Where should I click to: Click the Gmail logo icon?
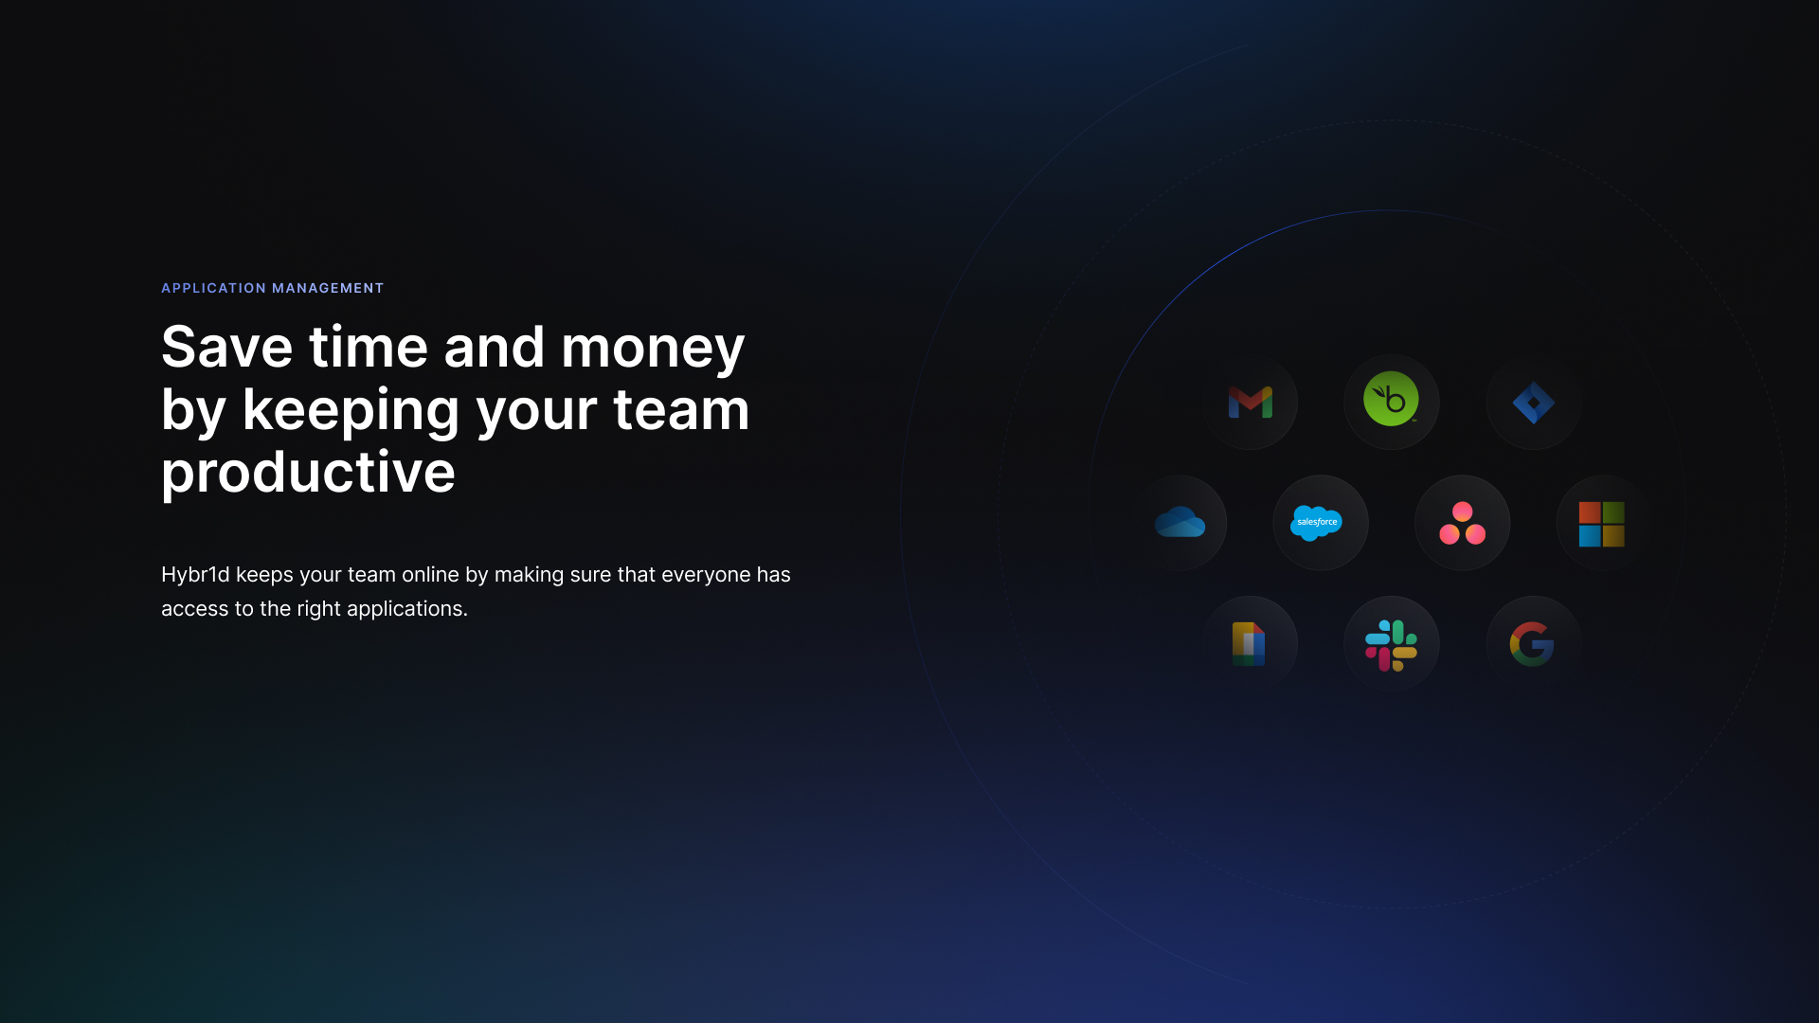click(1250, 402)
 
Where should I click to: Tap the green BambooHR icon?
click(1391, 399)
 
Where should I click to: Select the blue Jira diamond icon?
click(1534, 403)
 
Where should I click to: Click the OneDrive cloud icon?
click(1180, 522)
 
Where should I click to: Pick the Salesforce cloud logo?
click(1317, 523)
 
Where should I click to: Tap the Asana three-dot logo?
click(1462, 523)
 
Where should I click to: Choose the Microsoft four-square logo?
click(1602, 524)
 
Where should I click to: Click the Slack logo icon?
click(1391, 645)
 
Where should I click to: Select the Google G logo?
click(1532, 644)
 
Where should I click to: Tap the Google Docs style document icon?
click(1249, 644)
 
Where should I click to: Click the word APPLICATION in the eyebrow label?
click(214, 288)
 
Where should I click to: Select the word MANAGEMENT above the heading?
click(328, 288)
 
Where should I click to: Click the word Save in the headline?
click(227, 347)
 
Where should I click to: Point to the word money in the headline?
click(653, 347)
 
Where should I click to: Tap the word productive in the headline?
click(308, 472)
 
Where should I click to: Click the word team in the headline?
click(681, 409)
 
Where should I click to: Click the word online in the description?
click(430, 575)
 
